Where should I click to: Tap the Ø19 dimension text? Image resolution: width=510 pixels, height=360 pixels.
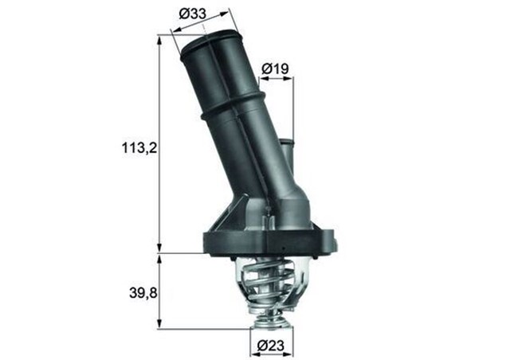(275, 69)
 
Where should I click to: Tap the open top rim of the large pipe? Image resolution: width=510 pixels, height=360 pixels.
(210, 44)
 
